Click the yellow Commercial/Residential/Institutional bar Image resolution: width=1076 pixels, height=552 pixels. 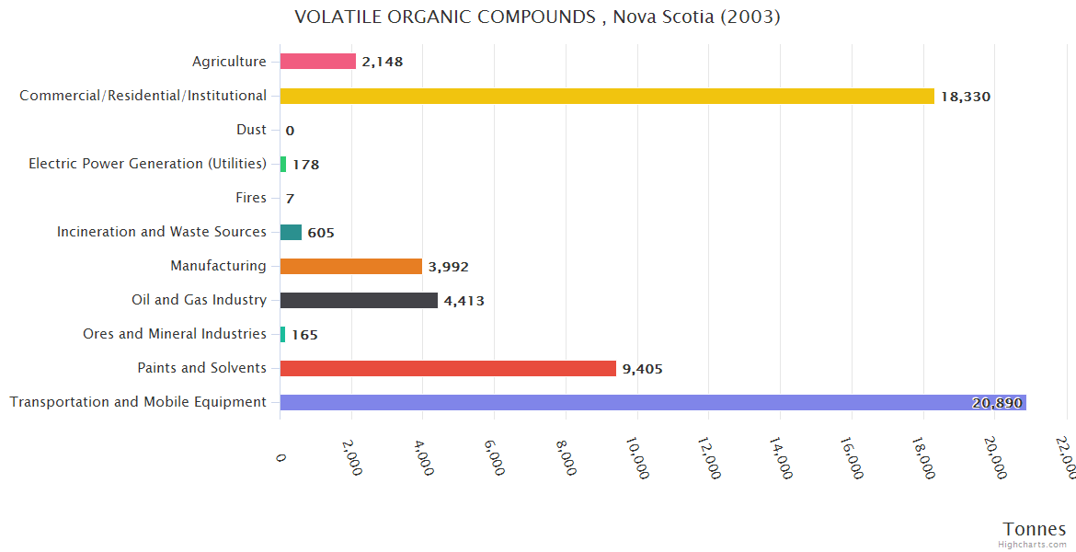[x=607, y=96]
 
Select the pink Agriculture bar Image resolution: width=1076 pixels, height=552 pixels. [x=317, y=62]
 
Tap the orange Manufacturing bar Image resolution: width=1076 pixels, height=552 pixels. [x=350, y=266]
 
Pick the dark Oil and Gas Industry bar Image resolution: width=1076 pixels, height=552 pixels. [x=359, y=300]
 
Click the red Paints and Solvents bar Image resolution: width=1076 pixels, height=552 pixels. [x=448, y=368]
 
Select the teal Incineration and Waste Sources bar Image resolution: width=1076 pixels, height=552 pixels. [x=291, y=232]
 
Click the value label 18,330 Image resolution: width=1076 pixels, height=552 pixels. [x=966, y=97]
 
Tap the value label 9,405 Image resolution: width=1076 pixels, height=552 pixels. [x=642, y=369]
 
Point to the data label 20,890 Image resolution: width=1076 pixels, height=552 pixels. [x=996, y=403]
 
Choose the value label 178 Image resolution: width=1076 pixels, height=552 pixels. [x=305, y=165]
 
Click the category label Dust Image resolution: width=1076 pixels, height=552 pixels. [x=251, y=130]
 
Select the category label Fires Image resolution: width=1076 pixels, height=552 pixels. [x=251, y=198]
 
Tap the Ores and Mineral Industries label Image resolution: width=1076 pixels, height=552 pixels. [x=175, y=334]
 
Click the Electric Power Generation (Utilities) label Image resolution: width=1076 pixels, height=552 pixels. [x=147, y=164]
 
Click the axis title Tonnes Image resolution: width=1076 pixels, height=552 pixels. [x=1035, y=529]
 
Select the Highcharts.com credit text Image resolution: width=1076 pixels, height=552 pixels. [x=1033, y=545]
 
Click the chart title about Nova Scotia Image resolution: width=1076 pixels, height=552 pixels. [x=537, y=17]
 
